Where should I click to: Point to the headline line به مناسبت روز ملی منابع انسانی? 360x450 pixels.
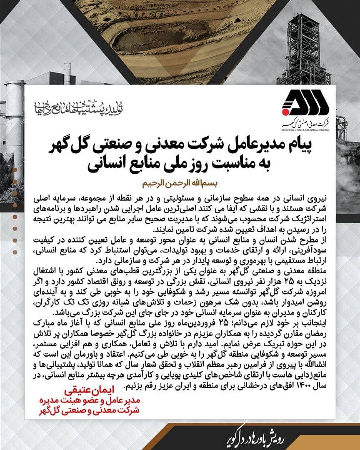[180, 164]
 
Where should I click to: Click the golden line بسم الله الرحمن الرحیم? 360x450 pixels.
[180, 183]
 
